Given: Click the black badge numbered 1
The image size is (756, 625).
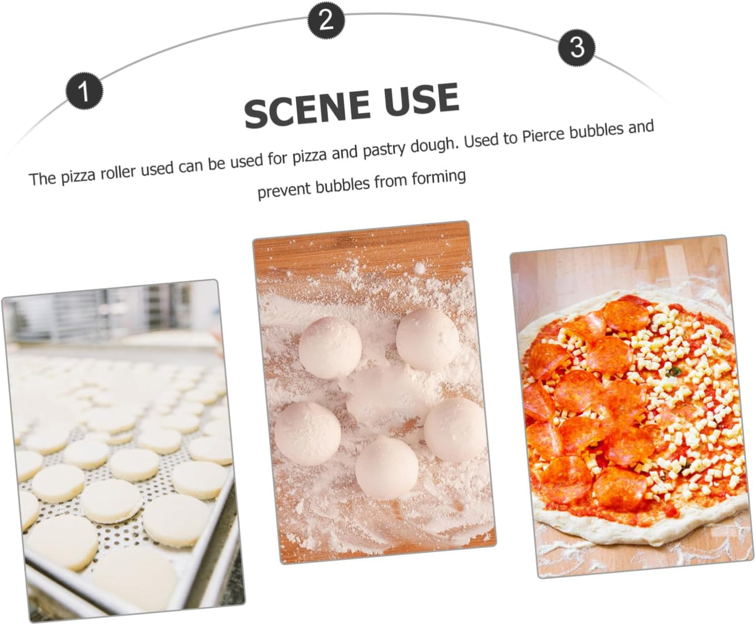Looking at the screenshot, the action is coord(84,91).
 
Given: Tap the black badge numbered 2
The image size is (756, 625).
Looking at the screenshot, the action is coord(326,20).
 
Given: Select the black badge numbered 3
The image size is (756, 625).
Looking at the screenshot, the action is coord(577,48).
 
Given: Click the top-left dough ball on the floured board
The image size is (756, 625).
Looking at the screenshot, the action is coord(330,347).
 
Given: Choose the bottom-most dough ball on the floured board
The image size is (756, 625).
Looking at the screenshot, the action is coord(387,468).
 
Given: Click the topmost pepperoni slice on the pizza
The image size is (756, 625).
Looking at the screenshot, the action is coord(626,310).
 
